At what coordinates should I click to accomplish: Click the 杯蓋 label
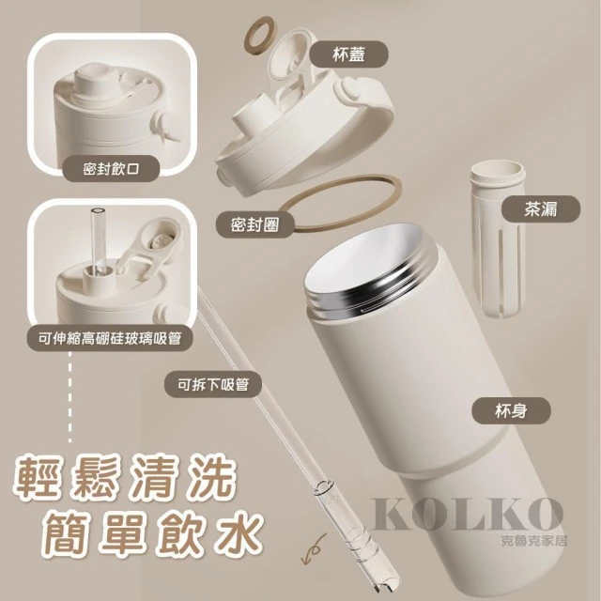(348, 54)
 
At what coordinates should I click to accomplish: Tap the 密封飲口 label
(111, 168)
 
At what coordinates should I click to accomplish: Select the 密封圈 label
(254, 225)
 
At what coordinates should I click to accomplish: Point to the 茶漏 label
(541, 209)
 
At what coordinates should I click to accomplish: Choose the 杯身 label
(511, 411)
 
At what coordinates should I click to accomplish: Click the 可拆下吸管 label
(213, 384)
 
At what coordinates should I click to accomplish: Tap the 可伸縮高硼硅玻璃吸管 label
(110, 338)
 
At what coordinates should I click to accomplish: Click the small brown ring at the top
(261, 36)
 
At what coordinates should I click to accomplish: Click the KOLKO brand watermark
(467, 515)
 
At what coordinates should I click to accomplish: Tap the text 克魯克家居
(533, 540)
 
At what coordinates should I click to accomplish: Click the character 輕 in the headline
(41, 476)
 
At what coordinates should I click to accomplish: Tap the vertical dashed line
(70, 397)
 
